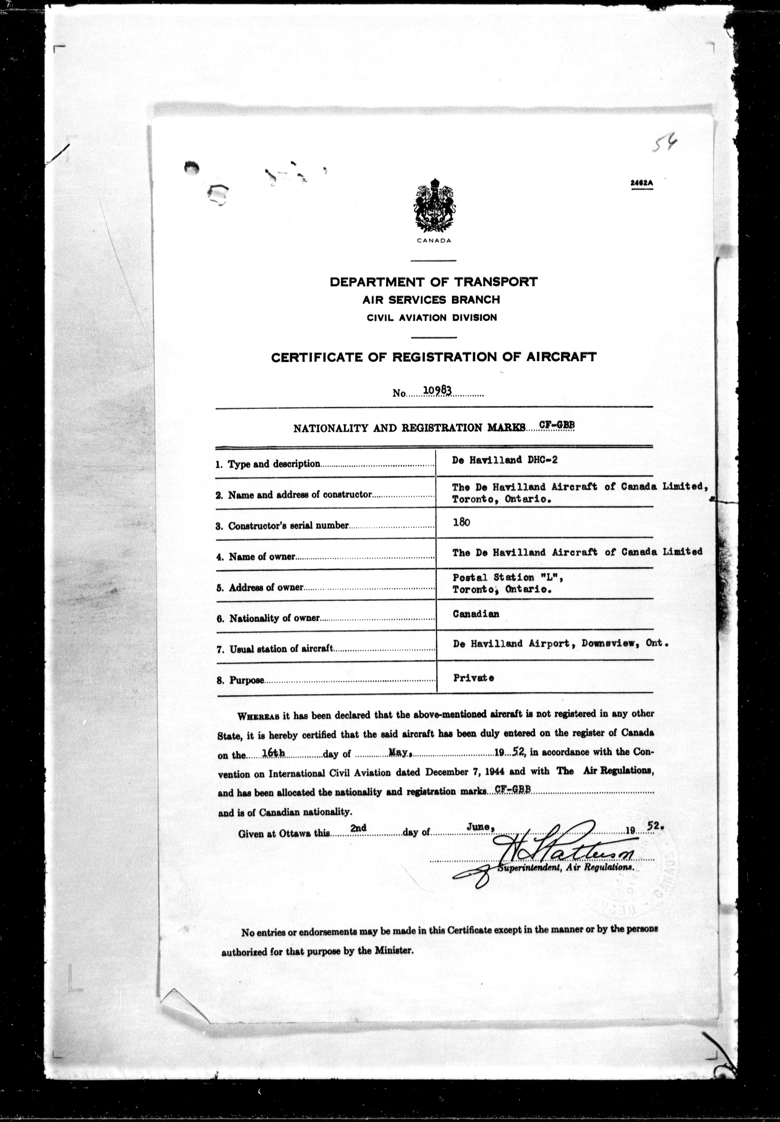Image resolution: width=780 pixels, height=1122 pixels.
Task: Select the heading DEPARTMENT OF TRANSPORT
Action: click(x=433, y=282)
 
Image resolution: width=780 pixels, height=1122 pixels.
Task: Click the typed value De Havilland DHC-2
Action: click(x=505, y=460)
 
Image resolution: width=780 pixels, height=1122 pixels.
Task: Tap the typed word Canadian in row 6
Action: click(x=476, y=614)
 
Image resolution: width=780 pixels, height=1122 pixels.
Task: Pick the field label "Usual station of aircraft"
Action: click(x=281, y=649)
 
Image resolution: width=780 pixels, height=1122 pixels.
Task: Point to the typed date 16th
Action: click(x=273, y=753)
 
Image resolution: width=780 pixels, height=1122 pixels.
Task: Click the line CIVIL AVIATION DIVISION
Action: click(x=432, y=317)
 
